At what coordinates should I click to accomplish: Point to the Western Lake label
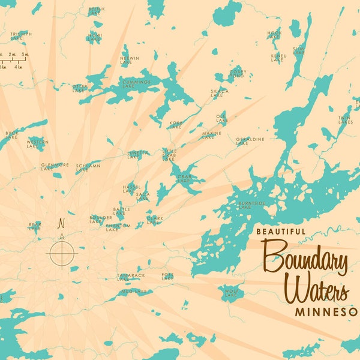click(37, 144)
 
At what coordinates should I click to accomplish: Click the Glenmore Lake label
click(55, 166)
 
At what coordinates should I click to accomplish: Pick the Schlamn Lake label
click(88, 166)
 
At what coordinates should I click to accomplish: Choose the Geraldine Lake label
click(250, 141)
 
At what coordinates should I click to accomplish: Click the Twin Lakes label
click(344, 120)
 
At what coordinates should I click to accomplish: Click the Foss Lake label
click(167, 277)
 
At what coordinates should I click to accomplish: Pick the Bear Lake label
click(35, 227)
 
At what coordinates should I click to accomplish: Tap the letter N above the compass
click(61, 224)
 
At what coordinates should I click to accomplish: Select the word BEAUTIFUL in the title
click(280, 231)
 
